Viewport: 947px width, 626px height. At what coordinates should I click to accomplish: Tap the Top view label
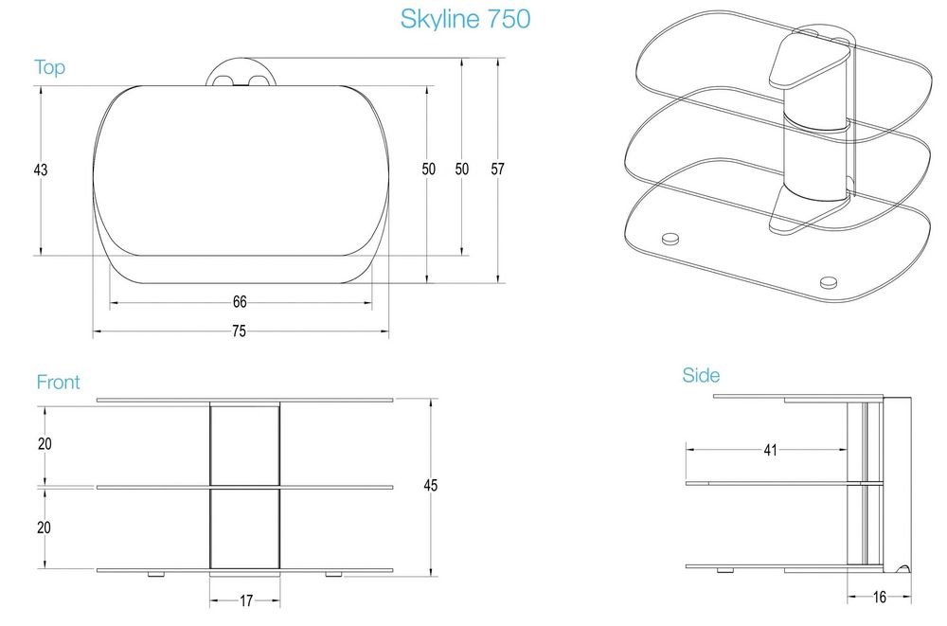pyautogui.click(x=49, y=68)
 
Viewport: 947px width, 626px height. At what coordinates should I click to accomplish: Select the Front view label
pyautogui.click(x=58, y=383)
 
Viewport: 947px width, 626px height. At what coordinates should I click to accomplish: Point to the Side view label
pyautogui.click(x=701, y=376)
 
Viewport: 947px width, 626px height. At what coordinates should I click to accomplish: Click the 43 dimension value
pyautogui.click(x=40, y=170)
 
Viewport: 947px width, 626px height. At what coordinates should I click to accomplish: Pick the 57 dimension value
pyautogui.click(x=497, y=170)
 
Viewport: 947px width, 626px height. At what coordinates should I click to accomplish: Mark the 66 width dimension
pyautogui.click(x=240, y=302)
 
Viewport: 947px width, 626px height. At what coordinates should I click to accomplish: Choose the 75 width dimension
pyautogui.click(x=240, y=331)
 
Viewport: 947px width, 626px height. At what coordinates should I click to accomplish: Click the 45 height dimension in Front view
pyautogui.click(x=431, y=486)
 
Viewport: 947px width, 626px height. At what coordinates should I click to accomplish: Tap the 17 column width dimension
pyautogui.click(x=245, y=599)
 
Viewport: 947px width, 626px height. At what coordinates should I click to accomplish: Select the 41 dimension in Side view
pyautogui.click(x=769, y=451)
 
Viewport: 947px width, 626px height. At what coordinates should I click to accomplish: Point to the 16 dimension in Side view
pyautogui.click(x=878, y=597)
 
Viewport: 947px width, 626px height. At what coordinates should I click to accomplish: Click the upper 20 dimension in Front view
pyautogui.click(x=44, y=444)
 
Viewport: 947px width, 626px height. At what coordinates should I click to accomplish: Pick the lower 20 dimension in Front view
pyautogui.click(x=44, y=528)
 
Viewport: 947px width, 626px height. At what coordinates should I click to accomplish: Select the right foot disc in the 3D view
pyautogui.click(x=829, y=280)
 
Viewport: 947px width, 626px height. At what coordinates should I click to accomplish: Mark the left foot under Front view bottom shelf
pyautogui.click(x=154, y=575)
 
